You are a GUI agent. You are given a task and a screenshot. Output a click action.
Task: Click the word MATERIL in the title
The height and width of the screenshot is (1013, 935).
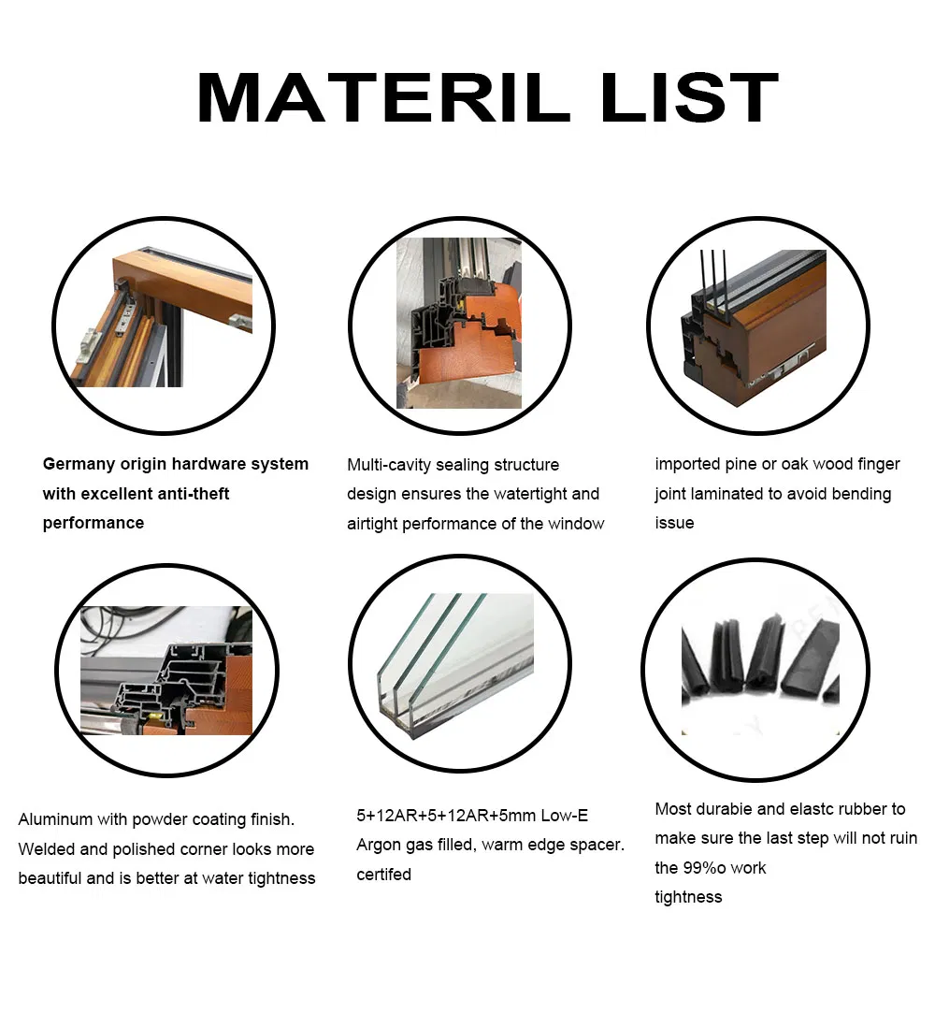(x=383, y=97)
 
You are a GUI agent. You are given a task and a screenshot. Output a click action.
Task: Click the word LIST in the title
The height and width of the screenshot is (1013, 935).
(x=690, y=97)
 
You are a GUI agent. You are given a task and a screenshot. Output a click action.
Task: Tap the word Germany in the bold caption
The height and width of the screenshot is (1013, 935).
(x=79, y=465)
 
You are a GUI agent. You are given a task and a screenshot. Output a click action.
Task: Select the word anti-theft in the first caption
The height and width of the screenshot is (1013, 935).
(x=194, y=494)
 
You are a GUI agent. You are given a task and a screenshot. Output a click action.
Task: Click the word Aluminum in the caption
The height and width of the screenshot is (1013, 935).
(x=55, y=819)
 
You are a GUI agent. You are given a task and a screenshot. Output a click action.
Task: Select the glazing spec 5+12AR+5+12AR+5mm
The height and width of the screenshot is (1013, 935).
(x=445, y=816)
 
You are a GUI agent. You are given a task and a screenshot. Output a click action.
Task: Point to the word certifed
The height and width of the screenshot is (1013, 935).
(x=383, y=875)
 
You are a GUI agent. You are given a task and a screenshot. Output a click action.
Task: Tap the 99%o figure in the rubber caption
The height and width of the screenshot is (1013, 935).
(x=710, y=868)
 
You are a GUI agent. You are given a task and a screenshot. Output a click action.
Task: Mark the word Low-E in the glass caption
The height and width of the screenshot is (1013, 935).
(x=565, y=816)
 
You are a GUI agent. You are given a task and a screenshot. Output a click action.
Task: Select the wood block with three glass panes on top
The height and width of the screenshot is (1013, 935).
(x=754, y=327)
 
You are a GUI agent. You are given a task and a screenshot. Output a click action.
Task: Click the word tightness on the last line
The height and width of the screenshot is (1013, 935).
(x=688, y=897)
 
